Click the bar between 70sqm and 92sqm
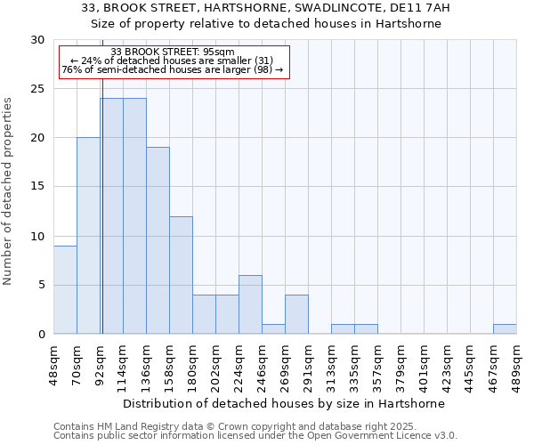(88, 236)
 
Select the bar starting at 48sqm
(65, 289)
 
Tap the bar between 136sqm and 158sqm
(158, 240)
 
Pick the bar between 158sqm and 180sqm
(181, 275)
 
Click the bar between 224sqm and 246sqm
(250, 304)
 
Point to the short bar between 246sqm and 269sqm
(273, 329)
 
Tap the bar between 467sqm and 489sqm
(505, 329)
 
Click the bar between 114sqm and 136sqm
(134, 216)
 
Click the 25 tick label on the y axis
(37, 89)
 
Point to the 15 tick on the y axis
(37, 187)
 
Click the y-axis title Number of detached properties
(8, 191)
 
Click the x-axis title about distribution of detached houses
(284, 403)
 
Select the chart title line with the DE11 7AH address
(266, 8)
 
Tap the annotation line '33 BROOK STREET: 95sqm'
(173, 53)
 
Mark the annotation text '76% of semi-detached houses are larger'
(173, 69)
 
